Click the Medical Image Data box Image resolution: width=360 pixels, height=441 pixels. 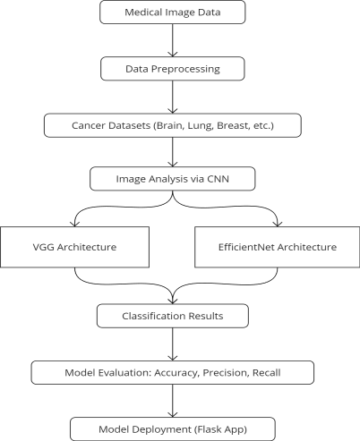[173, 12]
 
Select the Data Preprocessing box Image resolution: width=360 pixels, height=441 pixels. [173, 69]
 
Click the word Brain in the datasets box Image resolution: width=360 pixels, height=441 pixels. [169, 125]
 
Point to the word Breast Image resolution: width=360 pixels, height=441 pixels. [233, 125]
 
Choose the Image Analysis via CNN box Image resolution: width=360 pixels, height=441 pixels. [173, 179]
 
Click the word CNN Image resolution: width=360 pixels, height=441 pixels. [218, 179]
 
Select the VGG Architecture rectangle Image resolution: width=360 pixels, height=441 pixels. [74, 247]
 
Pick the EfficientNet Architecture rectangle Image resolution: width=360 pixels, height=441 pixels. [278, 247]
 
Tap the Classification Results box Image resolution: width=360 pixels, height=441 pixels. [173, 316]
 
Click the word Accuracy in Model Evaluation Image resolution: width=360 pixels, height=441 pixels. [176, 373]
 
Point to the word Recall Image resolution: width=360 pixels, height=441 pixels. [267, 373]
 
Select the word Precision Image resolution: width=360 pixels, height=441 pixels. [226, 373]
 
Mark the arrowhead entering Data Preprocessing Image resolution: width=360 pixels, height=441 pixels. [173, 55]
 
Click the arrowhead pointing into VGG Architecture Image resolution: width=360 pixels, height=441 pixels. [74, 224]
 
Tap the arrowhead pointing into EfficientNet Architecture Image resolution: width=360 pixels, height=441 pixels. [278, 224]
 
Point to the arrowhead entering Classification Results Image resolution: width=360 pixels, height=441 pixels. [173, 301]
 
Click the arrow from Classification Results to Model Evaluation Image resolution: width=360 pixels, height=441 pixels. [173, 344]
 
